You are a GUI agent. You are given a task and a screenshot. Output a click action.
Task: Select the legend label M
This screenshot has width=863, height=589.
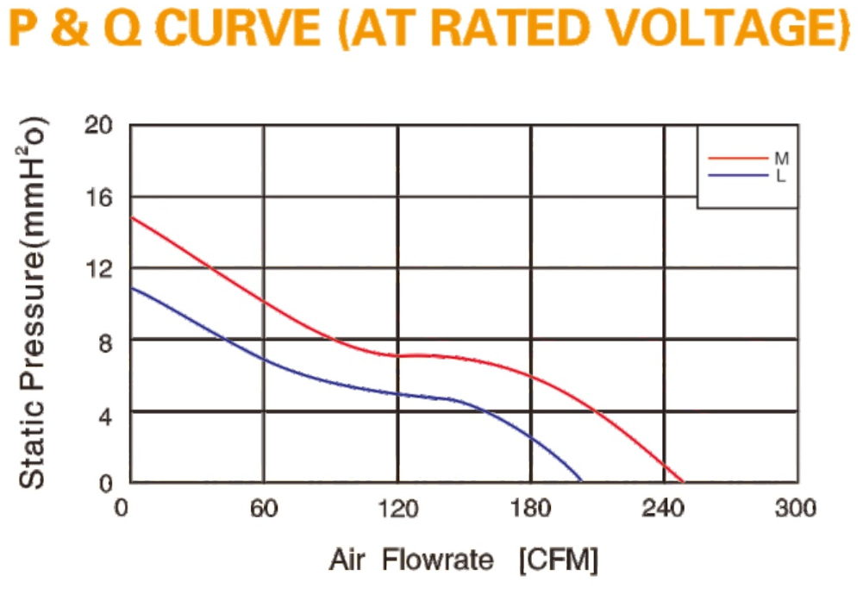tap(782, 159)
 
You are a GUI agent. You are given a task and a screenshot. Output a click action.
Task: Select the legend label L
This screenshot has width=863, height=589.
tap(780, 176)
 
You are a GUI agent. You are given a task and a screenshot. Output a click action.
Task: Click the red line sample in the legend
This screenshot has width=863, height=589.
tap(738, 159)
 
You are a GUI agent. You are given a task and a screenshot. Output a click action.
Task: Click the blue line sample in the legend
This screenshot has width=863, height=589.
tap(738, 176)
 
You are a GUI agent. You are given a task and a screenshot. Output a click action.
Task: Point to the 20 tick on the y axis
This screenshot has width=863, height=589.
tap(98, 126)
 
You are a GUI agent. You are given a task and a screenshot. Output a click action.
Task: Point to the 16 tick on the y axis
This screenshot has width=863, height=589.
tap(98, 197)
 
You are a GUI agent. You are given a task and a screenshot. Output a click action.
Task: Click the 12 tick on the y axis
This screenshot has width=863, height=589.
tap(98, 269)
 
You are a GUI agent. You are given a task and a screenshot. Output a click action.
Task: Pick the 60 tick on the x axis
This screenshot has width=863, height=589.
tap(264, 508)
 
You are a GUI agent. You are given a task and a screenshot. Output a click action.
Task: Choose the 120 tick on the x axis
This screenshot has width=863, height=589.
tap(397, 508)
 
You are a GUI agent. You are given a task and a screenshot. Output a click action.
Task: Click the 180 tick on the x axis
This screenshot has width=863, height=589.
tap(530, 508)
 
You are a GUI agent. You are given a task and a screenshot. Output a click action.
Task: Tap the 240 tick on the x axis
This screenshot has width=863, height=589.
tap(663, 508)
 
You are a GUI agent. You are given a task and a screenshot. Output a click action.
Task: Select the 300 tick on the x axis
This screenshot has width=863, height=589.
tap(795, 508)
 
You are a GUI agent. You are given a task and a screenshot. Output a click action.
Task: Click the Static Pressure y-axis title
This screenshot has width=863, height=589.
tap(33, 303)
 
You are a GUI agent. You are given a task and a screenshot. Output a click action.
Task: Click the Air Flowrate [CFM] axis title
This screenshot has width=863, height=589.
tap(464, 561)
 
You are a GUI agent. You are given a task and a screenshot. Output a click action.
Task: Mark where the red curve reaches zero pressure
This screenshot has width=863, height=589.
tap(683, 482)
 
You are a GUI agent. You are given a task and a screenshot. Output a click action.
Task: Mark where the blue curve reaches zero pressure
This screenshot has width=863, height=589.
tap(581, 481)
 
